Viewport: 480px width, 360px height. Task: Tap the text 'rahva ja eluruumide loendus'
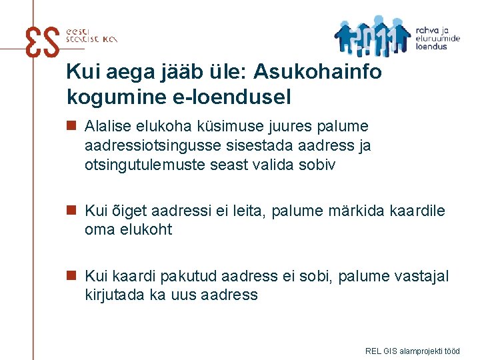pos(437,39)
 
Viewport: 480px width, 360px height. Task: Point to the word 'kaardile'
pos(418,211)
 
